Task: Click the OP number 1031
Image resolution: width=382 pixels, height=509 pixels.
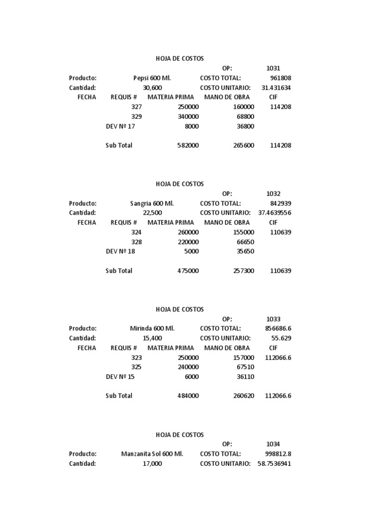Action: point(273,68)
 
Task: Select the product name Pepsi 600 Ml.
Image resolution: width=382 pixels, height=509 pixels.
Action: point(153,78)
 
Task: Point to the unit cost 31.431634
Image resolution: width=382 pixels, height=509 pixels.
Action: point(276,88)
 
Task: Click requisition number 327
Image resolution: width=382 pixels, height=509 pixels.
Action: point(136,107)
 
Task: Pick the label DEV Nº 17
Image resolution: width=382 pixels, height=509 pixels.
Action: point(120,126)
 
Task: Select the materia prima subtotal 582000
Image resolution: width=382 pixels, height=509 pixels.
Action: point(188,146)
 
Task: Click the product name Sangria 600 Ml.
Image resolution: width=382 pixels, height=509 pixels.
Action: point(152,203)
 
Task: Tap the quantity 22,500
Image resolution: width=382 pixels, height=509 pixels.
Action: point(152,213)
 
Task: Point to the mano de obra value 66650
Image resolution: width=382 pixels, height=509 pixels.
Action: point(245,242)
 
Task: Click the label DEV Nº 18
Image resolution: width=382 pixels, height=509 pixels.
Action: point(120,252)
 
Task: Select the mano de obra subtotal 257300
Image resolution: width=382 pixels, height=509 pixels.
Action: point(244,271)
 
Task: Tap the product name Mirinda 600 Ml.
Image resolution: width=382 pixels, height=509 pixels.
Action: point(152,329)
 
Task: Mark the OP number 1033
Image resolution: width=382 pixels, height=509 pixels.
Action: point(273,319)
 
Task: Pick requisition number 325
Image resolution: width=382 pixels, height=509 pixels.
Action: point(136,367)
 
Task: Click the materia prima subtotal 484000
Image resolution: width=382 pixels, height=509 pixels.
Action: point(188,396)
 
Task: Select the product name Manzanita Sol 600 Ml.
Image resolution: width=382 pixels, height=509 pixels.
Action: point(152,454)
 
